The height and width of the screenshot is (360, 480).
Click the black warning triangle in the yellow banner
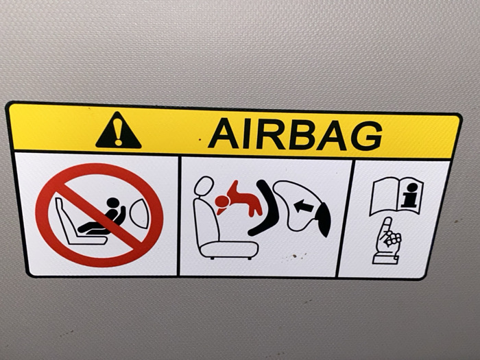pyautogui.click(x=118, y=132)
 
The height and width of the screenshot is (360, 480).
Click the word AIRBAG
pyautogui.click(x=295, y=134)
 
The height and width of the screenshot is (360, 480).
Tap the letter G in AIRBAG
pyautogui.click(x=366, y=136)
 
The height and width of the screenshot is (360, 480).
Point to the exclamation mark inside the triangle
pyautogui.click(x=118, y=132)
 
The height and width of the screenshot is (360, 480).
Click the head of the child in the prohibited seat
pyautogui.click(x=112, y=202)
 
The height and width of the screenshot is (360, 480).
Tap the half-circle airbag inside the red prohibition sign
pyautogui.click(x=140, y=213)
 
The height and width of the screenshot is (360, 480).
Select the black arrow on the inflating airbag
pyautogui.click(x=303, y=206)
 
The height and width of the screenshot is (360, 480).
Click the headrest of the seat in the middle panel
pyautogui.click(x=203, y=186)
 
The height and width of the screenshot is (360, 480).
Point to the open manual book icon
pyautogui.click(x=396, y=196)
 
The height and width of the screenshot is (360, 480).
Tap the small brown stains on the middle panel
pyautogui.click(x=294, y=256)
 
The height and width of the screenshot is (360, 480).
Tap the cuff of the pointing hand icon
pyautogui.click(x=385, y=260)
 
